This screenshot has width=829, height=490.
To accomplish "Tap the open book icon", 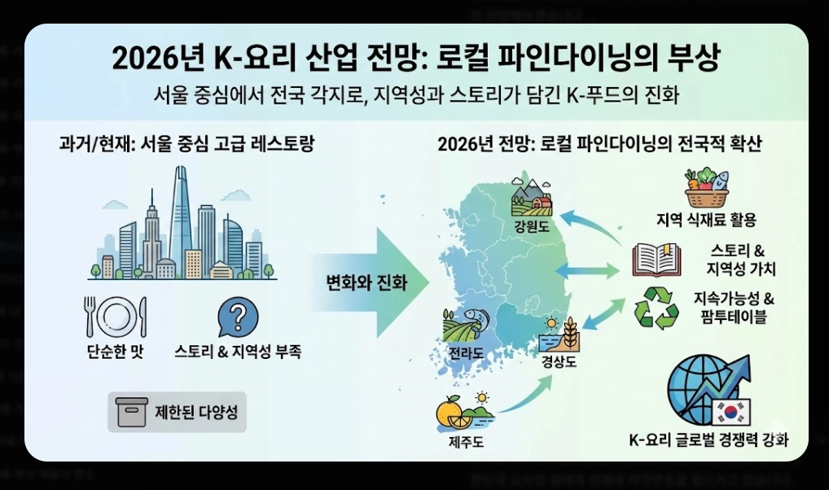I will point(656,259).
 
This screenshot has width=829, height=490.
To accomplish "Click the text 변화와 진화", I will point(366,282).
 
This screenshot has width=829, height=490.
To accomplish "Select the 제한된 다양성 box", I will point(177,412).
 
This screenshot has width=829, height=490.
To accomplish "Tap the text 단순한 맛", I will point(116,352).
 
